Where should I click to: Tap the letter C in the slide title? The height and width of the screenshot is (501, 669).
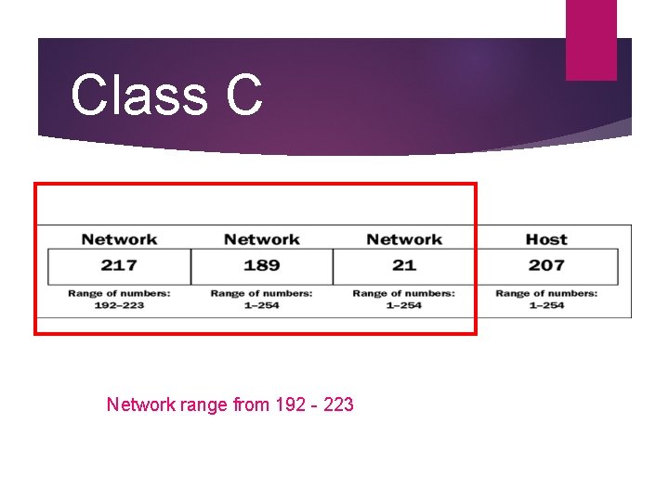pyautogui.click(x=243, y=96)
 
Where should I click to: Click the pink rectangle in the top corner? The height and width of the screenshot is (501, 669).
pyautogui.click(x=591, y=39)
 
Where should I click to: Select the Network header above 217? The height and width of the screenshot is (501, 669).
pyautogui.click(x=119, y=239)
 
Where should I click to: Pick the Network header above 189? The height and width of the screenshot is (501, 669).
pyautogui.click(x=261, y=239)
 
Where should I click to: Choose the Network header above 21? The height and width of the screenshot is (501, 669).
pyautogui.click(x=404, y=239)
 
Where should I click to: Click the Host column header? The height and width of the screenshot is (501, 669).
pyautogui.click(x=546, y=239)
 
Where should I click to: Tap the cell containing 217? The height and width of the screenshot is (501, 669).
pyautogui.click(x=119, y=265)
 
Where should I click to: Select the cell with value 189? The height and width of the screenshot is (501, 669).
pyautogui.click(x=261, y=265)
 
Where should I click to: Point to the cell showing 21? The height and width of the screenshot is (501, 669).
pyautogui.click(x=404, y=265)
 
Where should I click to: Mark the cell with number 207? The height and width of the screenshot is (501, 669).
pyautogui.click(x=546, y=265)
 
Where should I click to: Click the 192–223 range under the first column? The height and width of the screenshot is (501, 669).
pyautogui.click(x=119, y=305)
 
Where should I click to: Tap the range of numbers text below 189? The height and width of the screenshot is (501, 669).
pyautogui.click(x=261, y=299)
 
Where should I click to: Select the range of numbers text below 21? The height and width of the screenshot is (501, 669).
pyautogui.click(x=404, y=299)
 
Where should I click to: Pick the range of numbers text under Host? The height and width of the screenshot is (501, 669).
pyautogui.click(x=546, y=299)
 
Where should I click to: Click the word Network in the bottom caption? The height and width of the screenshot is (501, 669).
pyautogui.click(x=140, y=405)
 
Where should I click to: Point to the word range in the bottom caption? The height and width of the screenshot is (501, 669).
pyautogui.click(x=203, y=405)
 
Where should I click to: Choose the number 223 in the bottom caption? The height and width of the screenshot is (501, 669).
pyautogui.click(x=337, y=405)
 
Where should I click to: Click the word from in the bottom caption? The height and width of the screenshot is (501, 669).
pyautogui.click(x=251, y=405)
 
